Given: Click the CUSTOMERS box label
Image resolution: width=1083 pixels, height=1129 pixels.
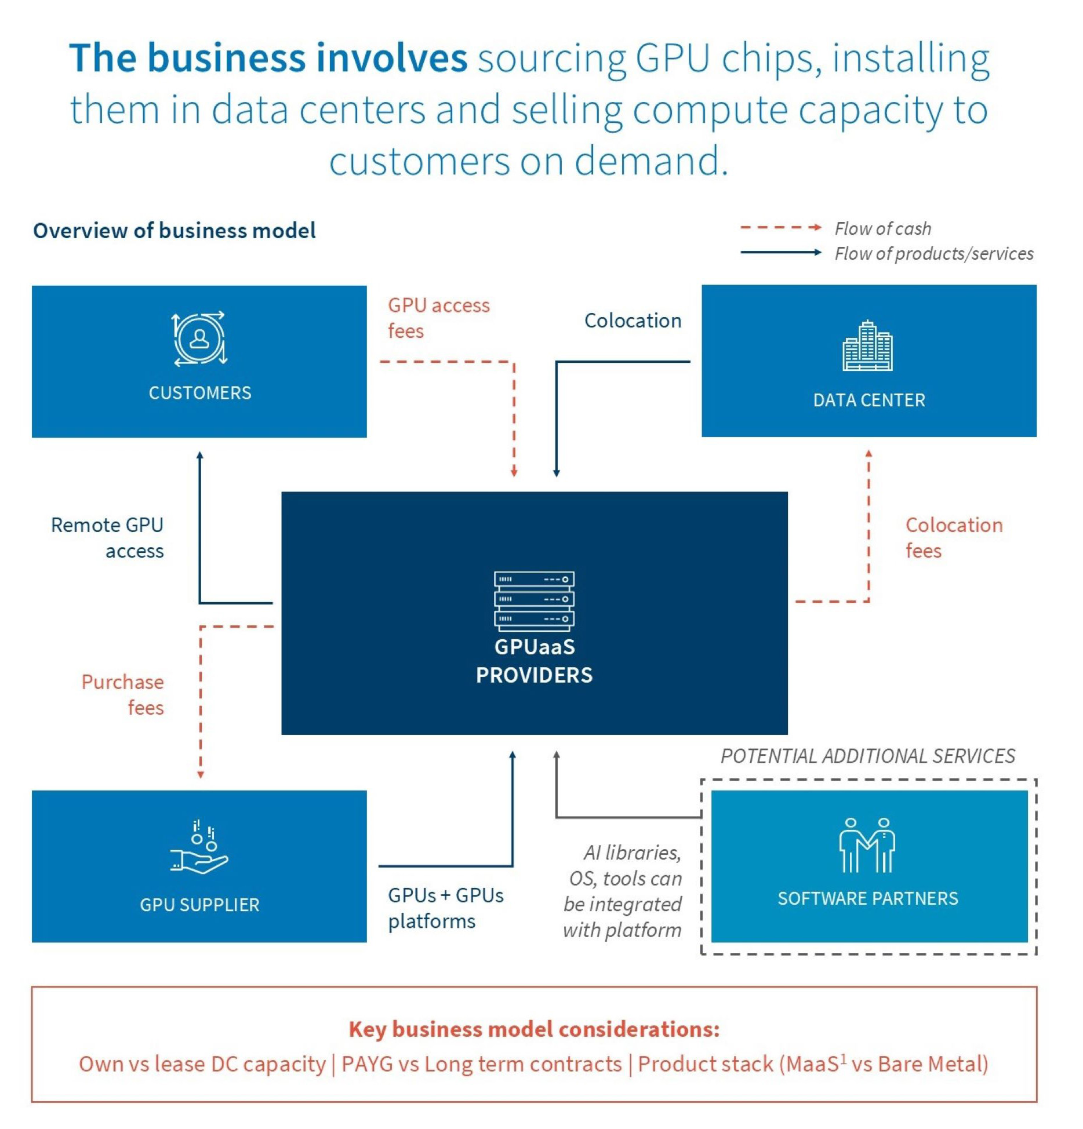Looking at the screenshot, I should point(200,392).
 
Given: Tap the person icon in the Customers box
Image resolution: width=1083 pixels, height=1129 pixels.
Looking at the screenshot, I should point(200,338).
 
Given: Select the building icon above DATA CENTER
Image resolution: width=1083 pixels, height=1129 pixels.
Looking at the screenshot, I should point(867,346).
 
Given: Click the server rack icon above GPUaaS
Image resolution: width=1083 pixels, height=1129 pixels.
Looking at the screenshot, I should point(534,600).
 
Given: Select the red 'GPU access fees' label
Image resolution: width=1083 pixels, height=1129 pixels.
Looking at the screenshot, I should point(438,318).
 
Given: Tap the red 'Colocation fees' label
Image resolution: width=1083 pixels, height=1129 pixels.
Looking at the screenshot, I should point(953,537).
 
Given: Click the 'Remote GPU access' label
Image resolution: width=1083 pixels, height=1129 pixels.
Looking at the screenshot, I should point(108,537).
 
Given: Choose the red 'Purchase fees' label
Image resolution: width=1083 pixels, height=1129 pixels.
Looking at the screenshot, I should point(123,694).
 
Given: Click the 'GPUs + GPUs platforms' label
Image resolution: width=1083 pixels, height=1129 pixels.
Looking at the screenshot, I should point(445,908).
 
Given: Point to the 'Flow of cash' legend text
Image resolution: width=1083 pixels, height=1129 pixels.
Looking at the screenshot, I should point(882,228).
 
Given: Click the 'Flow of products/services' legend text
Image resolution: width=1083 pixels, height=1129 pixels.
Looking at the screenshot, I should point(933,253).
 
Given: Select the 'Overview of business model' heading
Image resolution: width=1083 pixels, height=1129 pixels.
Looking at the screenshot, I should point(175,230).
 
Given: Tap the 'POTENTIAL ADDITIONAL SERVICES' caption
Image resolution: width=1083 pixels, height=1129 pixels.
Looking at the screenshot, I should point(867,756).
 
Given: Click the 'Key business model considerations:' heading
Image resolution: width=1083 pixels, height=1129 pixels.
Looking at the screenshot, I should point(534,1029).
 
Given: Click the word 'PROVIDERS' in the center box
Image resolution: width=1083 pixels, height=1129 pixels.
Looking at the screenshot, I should point(534,675).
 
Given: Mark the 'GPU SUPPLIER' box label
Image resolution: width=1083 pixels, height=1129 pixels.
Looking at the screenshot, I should point(199,904).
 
